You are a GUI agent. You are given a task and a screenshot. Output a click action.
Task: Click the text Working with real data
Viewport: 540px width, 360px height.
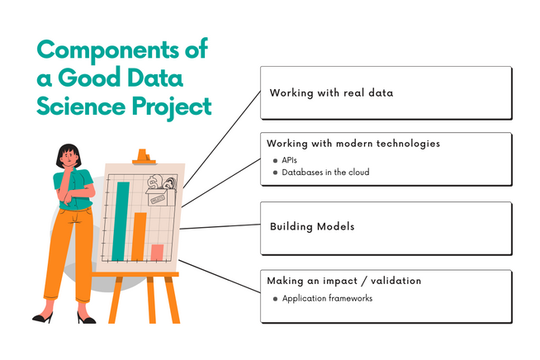click(x=330, y=92)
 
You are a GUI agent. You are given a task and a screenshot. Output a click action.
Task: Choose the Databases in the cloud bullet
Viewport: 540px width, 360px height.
click(x=324, y=173)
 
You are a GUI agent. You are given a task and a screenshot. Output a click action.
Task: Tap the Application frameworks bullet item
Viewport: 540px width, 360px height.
click(x=327, y=298)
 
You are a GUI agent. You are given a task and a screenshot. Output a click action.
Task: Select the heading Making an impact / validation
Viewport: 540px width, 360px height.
click(x=343, y=281)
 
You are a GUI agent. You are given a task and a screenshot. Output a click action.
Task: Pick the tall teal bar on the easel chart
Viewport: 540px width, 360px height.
click(x=121, y=219)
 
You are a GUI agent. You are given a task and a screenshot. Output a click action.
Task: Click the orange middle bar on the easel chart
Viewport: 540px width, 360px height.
click(x=140, y=236)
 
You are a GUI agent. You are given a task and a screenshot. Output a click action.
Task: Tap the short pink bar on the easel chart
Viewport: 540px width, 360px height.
click(x=157, y=252)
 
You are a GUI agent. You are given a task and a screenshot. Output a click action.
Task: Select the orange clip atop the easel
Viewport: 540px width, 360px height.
click(x=144, y=155)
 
